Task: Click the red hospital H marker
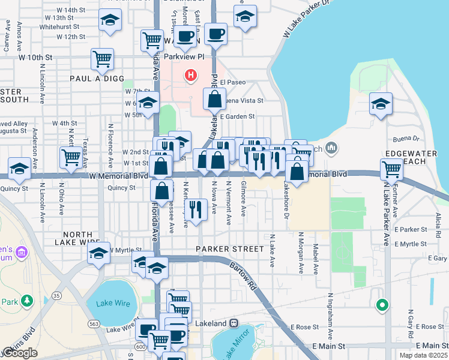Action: [191, 76]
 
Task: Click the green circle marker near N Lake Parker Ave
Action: [381, 306]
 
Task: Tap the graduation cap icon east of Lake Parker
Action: [381, 103]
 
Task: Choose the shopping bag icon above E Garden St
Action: [214, 98]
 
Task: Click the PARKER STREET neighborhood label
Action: [229, 248]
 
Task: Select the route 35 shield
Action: [57, 296]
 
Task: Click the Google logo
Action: [20, 353]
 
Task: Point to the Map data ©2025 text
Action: [423, 355]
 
